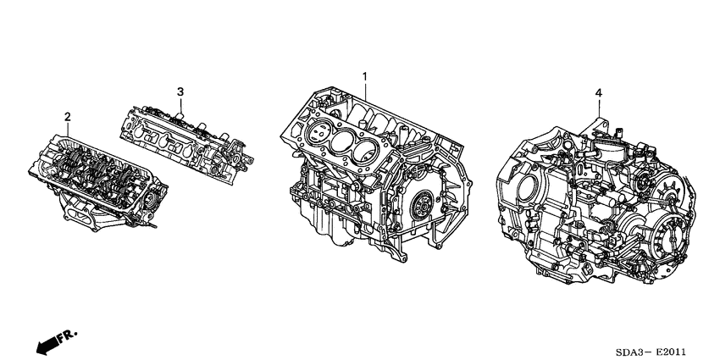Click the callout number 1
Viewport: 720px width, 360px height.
[365, 77]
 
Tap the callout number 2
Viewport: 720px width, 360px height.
[68, 116]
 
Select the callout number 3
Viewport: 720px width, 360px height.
[180, 91]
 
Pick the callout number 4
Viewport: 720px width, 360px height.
[598, 91]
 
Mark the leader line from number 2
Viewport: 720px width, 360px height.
[68, 128]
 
